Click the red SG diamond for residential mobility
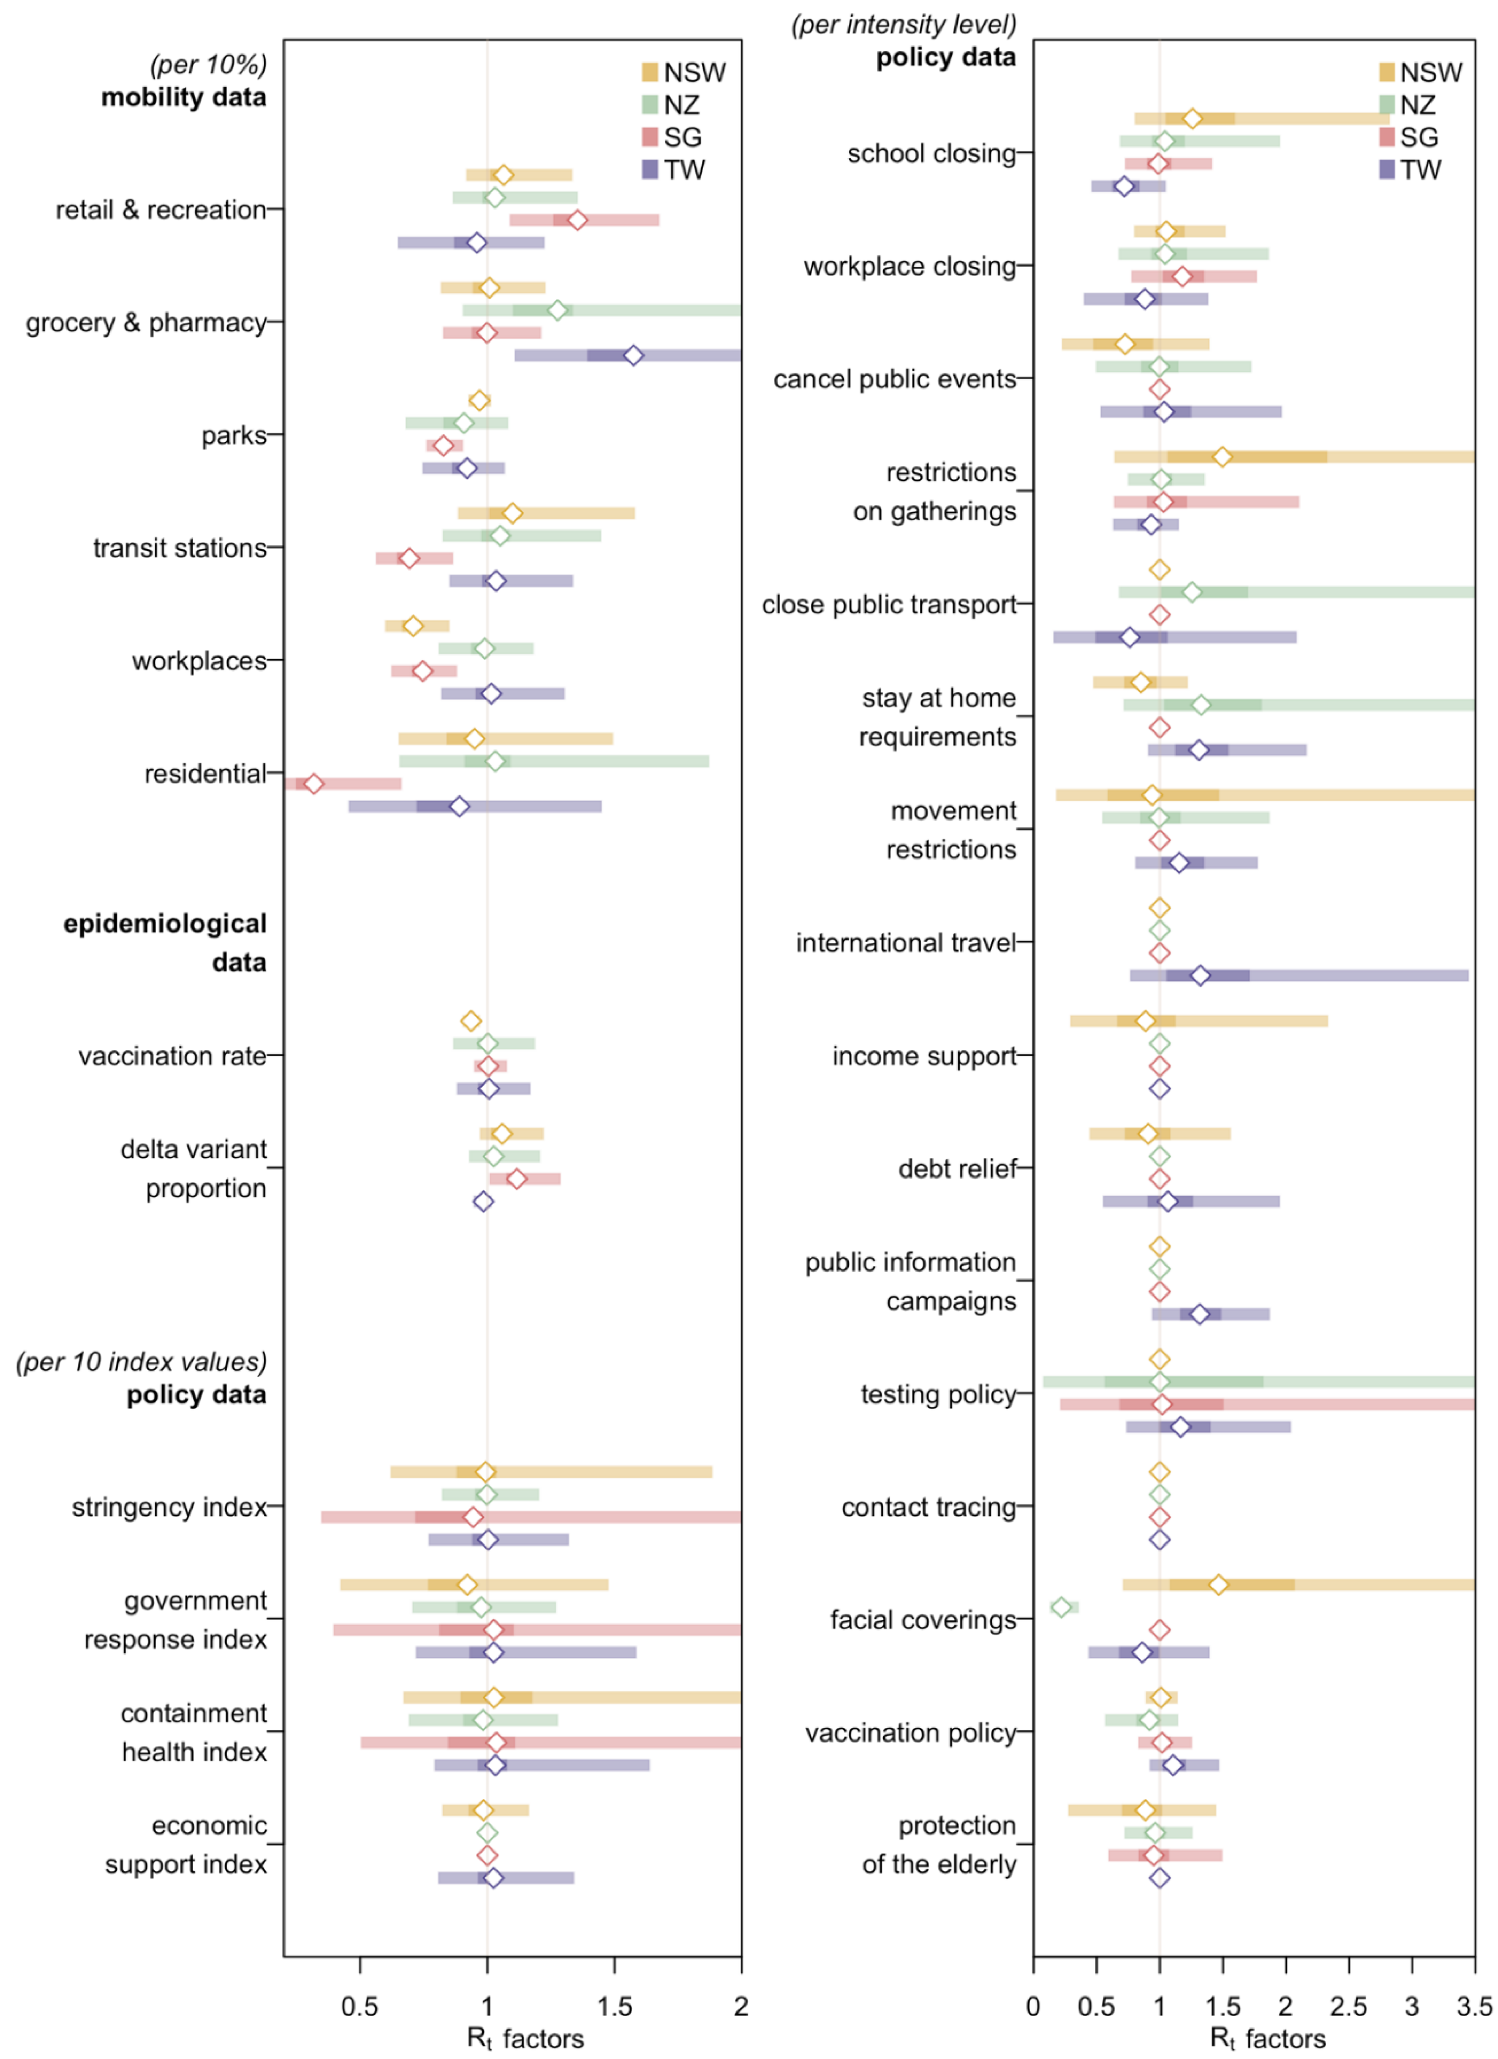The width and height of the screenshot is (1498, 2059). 313,784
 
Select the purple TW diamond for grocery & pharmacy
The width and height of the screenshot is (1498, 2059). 634,355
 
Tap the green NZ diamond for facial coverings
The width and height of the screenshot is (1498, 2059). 1060,1607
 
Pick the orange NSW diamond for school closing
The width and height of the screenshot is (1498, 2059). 1192,118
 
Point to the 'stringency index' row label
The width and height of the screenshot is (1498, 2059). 169,1507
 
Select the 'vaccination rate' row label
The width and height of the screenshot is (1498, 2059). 173,1056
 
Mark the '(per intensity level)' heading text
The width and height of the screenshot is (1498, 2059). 903,24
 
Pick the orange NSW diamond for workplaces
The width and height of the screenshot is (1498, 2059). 413,625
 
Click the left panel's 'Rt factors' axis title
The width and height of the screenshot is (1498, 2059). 525,2038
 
